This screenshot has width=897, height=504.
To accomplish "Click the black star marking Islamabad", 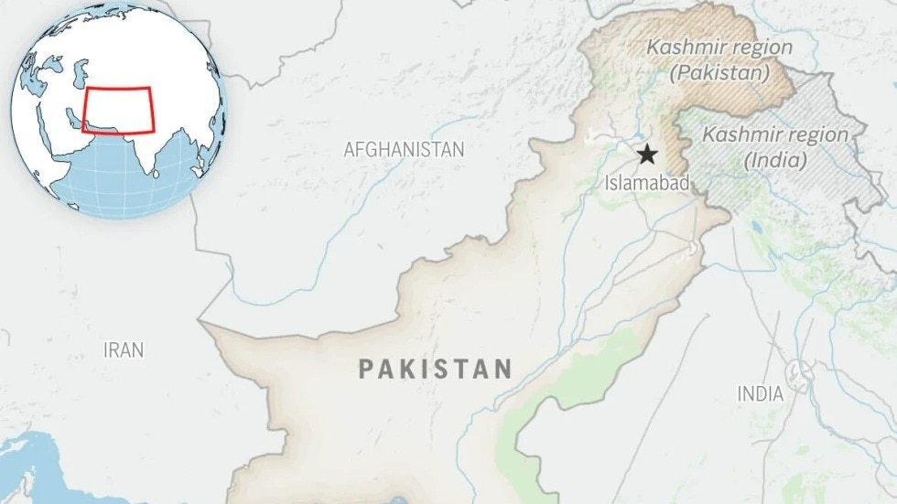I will pyautogui.click(x=648, y=154).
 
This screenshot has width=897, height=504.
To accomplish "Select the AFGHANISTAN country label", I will pyautogui.click(x=404, y=149).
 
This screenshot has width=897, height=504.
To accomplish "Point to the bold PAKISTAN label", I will pyautogui.click(x=435, y=369).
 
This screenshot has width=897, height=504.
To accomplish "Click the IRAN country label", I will pyautogui.click(x=123, y=349).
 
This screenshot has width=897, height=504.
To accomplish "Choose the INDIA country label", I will pyautogui.click(x=761, y=394).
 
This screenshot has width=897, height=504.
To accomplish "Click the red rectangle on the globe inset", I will pyautogui.click(x=118, y=111).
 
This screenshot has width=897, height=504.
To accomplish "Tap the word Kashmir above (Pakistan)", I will pyautogui.click(x=679, y=47).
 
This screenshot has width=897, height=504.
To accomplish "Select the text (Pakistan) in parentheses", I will pyautogui.click(x=719, y=73).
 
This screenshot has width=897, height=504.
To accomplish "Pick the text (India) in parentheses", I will pyautogui.click(x=775, y=161).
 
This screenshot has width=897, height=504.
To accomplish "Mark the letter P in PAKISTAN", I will pyautogui.click(x=366, y=369).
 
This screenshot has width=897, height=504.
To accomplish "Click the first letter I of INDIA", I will pyautogui.click(x=740, y=394).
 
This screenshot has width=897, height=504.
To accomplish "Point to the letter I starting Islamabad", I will pyautogui.click(x=607, y=183).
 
